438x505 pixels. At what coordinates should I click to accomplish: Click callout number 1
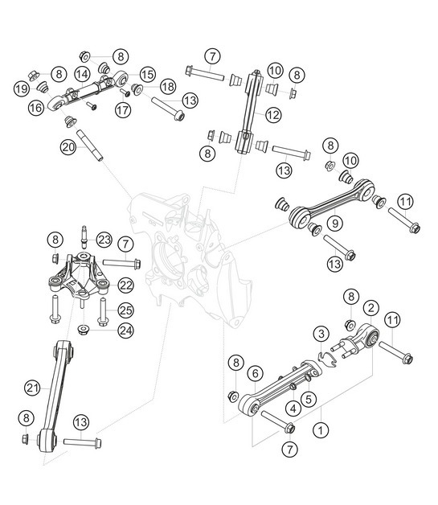pyautogui.click(x=321, y=430)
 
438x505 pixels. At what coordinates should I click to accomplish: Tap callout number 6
pyautogui.click(x=254, y=373)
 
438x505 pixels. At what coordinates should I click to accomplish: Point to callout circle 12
pyautogui.click(x=273, y=115)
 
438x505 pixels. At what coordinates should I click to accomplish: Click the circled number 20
pyautogui.click(x=68, y=146)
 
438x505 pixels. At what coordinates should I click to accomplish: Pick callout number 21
pyautogui.click(x=32, y=388)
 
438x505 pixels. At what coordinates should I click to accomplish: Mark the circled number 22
pyautogui.click(x=125, y=284)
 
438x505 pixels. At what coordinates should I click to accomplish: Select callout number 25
pyautogui.click(x=126, y=310)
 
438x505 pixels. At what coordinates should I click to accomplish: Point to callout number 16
pyautogui.click(x=37, y=106)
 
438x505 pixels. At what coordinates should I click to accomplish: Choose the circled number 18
pyautogui.click(x=167, y=86)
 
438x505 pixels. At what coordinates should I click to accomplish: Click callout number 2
pyautogui.click(x=370, y=308)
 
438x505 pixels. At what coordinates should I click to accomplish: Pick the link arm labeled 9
pyautogui.click(x=321, y=211)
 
